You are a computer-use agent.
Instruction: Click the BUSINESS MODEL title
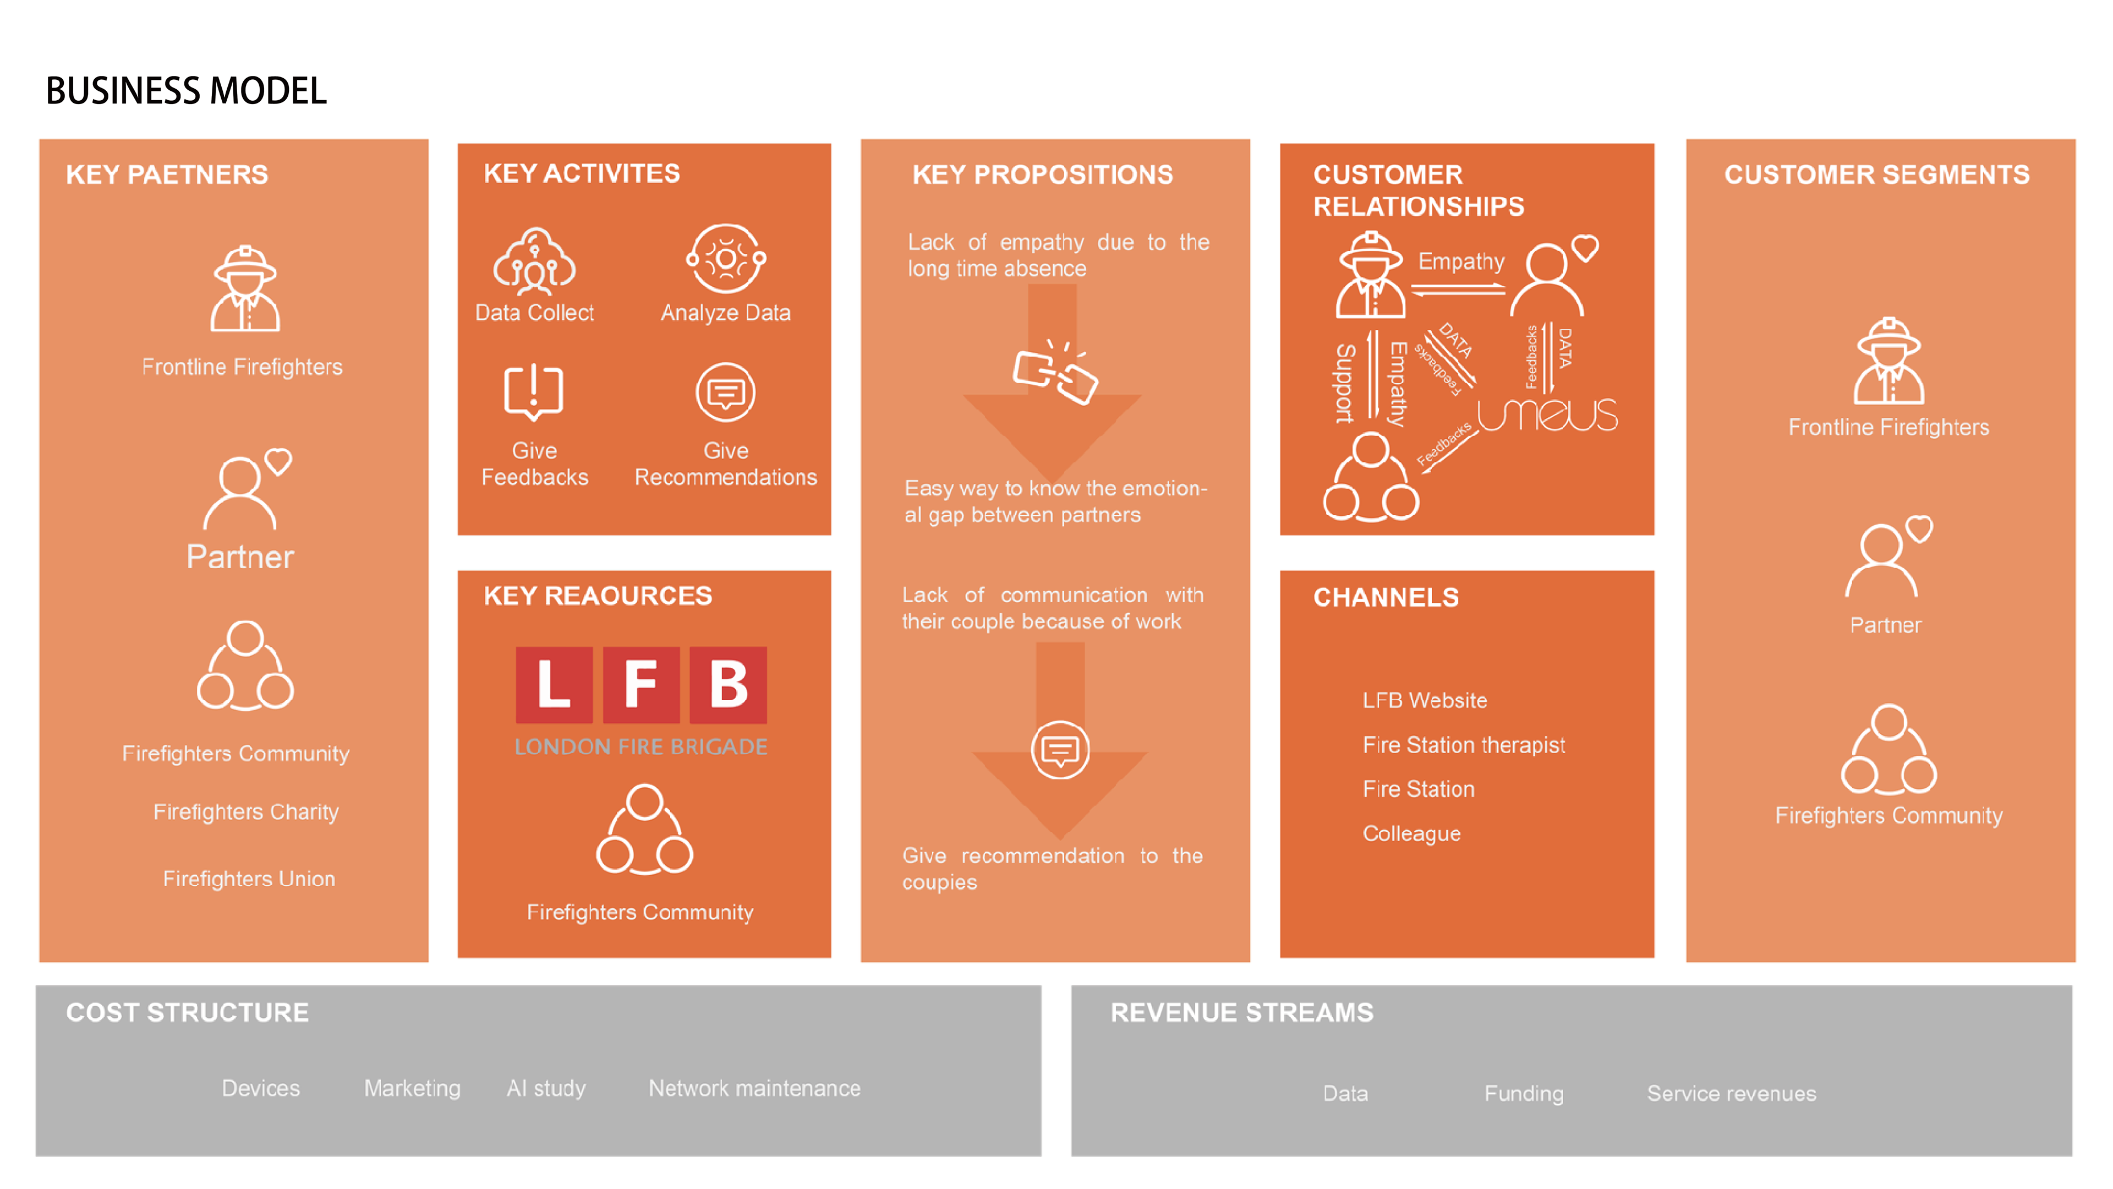click(x=186, y=90)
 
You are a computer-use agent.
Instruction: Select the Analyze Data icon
click(x=726, y=259)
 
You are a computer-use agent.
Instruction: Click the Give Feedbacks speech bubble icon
click(x=533, y=391)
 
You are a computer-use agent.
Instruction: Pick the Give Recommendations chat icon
click(x=726, y=392)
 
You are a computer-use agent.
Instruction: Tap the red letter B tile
click(x=727, y=684)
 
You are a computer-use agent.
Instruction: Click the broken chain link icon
click(x=1055, y=373)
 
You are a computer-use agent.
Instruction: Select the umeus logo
click(x=1547, y=414)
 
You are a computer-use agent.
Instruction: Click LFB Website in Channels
click(x=1424, y=700)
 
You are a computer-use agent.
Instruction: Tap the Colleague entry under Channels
click(x=1411, y=834)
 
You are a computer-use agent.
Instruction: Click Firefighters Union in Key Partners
click(x=249, y=879)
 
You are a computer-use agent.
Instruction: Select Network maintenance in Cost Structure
click(x=754, y=1088)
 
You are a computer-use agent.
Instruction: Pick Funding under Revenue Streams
click(x=1523, y=1093)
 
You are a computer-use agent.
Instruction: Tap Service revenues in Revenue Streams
click(x=1731, y=1093)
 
